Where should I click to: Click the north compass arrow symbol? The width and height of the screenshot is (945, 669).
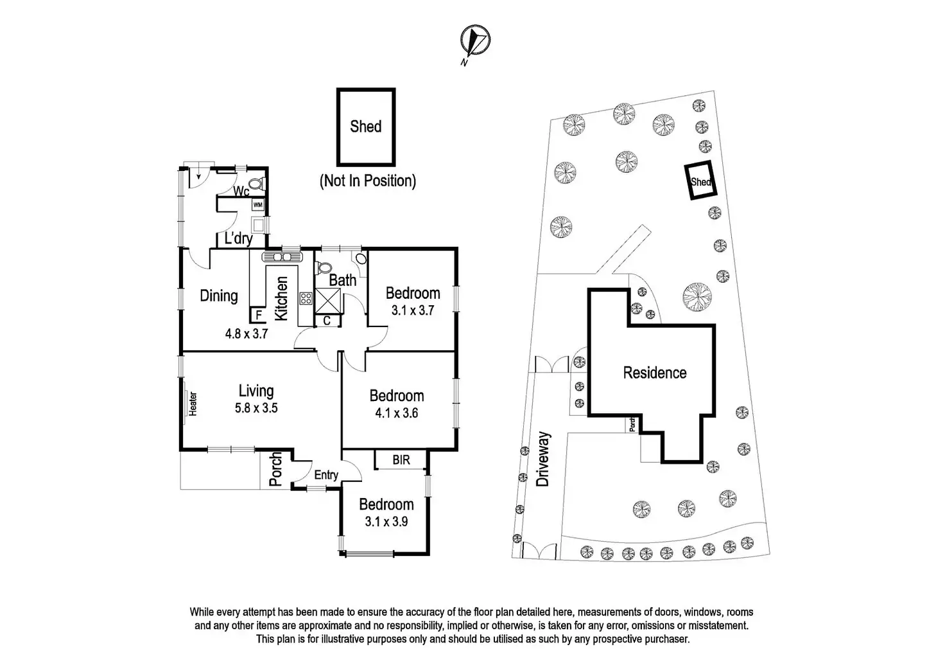[475, 40]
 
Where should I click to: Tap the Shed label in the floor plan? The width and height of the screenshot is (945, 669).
[365, 126]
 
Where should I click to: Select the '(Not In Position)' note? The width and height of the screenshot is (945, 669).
[367, 181]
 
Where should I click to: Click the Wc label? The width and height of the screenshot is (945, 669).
[241, 192]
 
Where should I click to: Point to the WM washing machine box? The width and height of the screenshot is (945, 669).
[258, 204]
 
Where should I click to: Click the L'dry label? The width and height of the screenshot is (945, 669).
[238, 239]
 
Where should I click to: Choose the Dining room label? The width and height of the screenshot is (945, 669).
[219, 296]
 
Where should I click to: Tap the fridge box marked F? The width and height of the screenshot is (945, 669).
[258, 316]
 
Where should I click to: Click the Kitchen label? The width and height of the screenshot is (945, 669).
[281, 299]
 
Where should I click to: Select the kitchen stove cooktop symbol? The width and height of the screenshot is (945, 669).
[306, 298]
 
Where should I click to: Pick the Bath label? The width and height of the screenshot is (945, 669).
[343, 280]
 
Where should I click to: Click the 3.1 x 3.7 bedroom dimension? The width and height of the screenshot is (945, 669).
[413, 310]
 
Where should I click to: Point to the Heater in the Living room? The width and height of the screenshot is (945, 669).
[192, 404]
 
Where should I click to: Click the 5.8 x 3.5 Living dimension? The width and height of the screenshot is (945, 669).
[256, 407]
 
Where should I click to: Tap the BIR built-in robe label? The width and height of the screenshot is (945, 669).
[401, 460]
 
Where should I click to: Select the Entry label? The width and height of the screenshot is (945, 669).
[326, 475]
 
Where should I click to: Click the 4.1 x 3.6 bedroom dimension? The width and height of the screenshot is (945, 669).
[396, 413]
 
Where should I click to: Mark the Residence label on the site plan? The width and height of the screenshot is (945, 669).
[655, 373]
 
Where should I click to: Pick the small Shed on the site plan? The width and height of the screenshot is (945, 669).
[700, 181]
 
